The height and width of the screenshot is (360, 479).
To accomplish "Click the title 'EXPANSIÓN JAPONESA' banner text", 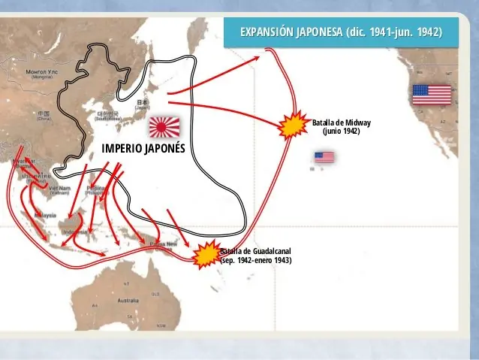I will click(340, 33).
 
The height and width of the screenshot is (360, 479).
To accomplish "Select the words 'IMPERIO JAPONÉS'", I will click(143, 147).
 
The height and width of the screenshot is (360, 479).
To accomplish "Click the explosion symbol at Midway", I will click(291, 126).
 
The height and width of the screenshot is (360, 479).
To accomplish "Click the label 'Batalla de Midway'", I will click(341, 123).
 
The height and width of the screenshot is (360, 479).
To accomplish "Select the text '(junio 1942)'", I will click(341, 131).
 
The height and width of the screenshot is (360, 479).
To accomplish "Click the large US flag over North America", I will click(431, 95).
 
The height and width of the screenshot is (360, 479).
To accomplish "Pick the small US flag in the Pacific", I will click(324, 157).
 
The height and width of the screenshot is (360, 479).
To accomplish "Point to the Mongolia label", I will click(41, 74).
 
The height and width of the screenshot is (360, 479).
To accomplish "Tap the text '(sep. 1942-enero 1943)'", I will click(255, 260).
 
